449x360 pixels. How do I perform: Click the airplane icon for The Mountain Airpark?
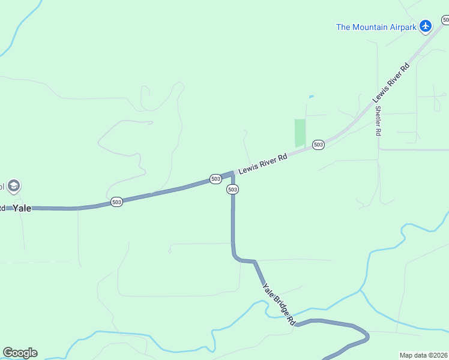(x=426, y=26)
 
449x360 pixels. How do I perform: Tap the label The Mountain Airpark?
(x=376, y=26)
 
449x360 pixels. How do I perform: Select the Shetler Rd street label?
(x=378, y=121)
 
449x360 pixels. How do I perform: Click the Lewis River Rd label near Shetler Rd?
(x=391, y=82)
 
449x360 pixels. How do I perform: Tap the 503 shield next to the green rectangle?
(x=318, y=145)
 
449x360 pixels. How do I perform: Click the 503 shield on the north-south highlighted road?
(x=233, y=189)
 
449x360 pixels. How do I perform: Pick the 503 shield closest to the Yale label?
(x=116, y=202)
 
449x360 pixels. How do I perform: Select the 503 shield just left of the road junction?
(x=215, y=179)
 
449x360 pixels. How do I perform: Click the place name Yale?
(x=22, y=208)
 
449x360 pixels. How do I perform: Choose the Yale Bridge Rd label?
(x=279, y=304)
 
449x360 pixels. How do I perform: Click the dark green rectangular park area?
(x=300, y=133)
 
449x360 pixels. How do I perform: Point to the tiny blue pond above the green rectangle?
(x=310, y=97)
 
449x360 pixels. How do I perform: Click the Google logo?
(x=20, y=353)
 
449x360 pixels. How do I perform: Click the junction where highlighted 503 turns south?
(x=233, y=173)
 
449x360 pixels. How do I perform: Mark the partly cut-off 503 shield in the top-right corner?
(x=445, y=20)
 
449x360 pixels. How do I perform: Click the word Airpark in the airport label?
(x=402, y=26)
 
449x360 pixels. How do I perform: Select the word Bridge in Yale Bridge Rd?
(x=280, y=305)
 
